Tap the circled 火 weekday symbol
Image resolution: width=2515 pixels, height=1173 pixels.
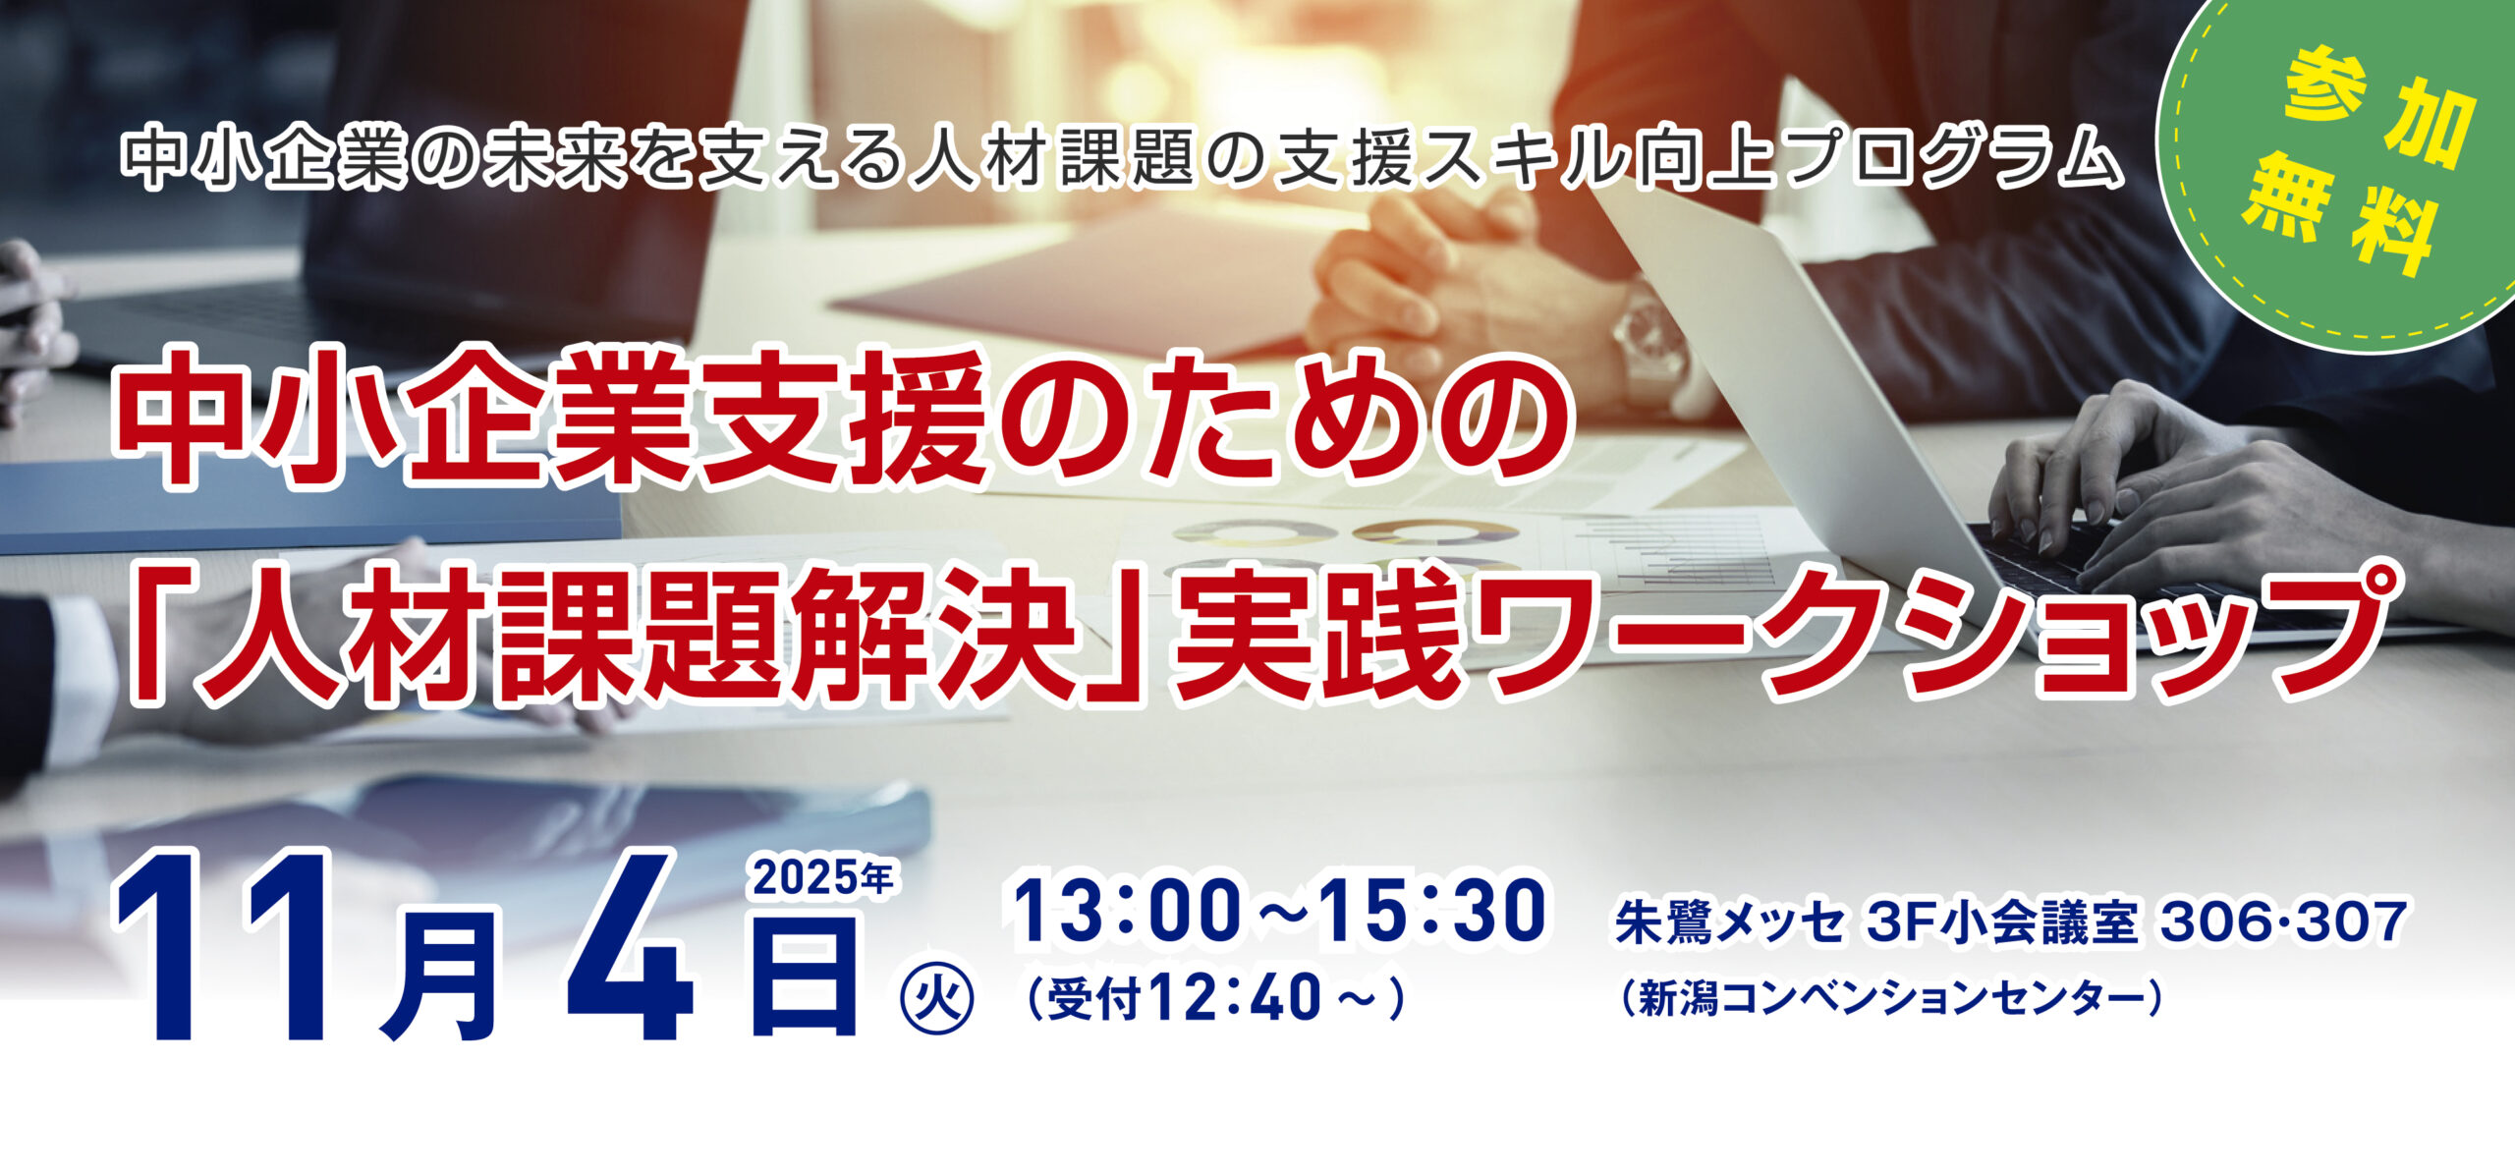click(x=937, y=1000)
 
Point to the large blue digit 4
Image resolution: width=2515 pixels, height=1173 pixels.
click(x=630, y=947)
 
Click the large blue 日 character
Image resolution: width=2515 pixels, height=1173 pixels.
click(x=804, y=974)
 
